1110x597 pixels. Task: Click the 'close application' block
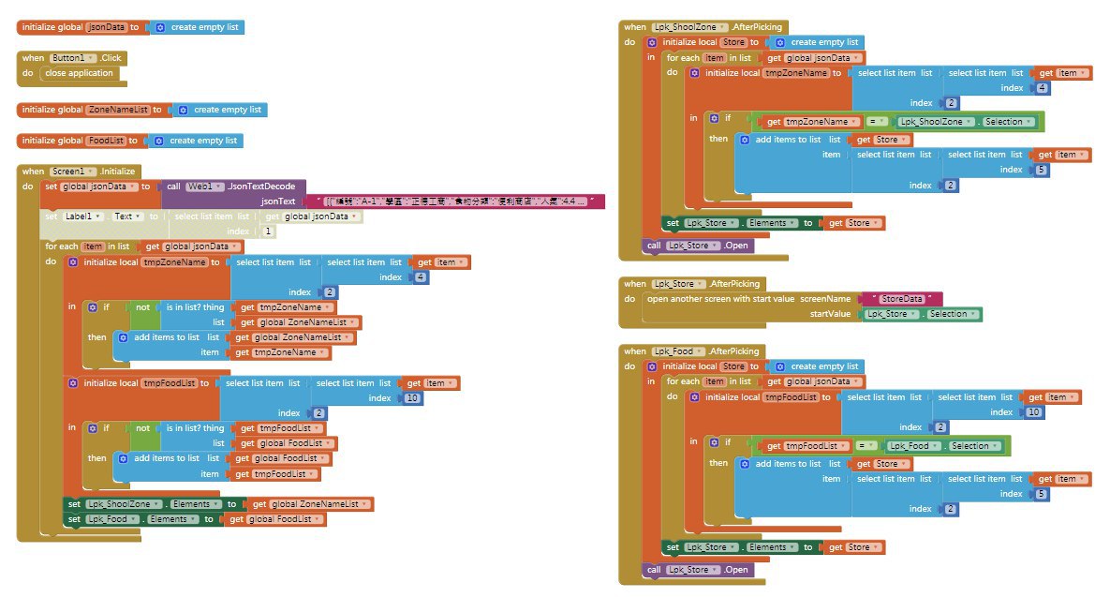(79, 73)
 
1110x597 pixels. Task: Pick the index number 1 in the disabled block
(269, 231)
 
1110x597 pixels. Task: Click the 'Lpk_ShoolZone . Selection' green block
(966, 122)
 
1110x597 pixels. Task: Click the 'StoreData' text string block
(901, 299)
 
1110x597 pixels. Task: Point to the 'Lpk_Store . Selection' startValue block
(922, 314)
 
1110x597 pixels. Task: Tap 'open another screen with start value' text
(719, 299)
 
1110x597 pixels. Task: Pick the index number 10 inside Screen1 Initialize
(412, 398)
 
